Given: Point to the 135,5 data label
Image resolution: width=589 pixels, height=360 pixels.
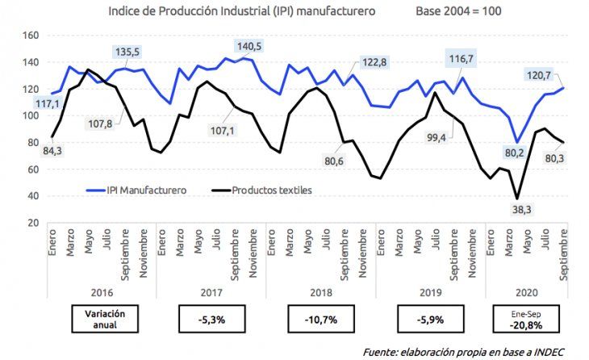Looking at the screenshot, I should [128, 52].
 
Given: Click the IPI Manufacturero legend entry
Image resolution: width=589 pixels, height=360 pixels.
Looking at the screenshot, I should [140, 190].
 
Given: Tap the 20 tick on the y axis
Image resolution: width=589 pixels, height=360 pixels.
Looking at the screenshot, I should [33, 223].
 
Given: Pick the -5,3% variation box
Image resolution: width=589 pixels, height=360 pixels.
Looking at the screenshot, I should [211, 319].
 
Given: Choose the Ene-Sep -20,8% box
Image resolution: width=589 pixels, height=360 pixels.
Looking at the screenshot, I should [528, 319].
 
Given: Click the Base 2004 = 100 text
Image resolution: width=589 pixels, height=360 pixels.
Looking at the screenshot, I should [458, 12].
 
